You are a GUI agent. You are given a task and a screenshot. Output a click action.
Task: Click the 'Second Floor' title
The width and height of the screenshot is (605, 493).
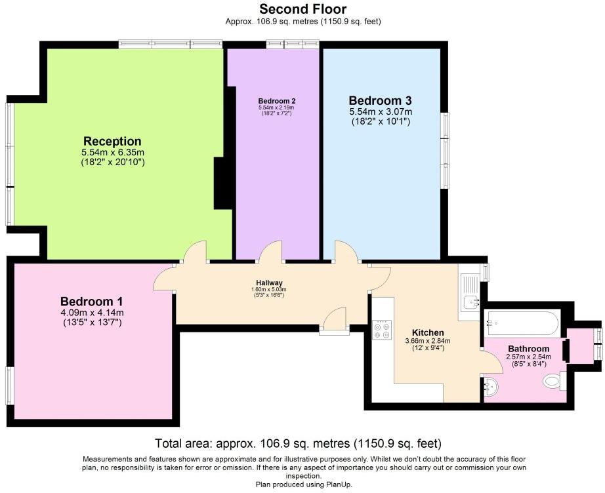point(303,9)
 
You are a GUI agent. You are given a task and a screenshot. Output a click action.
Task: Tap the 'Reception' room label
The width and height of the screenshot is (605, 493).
point(112,141)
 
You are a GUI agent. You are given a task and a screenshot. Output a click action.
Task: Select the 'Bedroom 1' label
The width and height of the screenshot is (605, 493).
point(92,301)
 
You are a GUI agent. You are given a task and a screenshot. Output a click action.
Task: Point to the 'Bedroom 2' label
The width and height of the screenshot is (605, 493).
point(277,101)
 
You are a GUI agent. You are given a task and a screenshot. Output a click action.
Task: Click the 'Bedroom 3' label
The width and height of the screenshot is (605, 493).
point(380,100)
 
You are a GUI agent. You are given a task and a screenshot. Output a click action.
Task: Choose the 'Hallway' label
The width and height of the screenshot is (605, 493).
point(269,283)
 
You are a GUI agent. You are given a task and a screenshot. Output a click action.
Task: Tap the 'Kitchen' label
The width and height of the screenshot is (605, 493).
point(428,332)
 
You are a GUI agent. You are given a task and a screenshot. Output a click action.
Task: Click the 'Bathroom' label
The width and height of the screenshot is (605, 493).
point(529,349)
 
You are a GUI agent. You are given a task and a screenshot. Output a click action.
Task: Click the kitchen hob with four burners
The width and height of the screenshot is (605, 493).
point(382,330)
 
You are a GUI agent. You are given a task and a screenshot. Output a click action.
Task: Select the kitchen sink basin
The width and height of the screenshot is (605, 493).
point(471,302)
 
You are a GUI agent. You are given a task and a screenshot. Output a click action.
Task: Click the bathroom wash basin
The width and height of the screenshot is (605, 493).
point(491,386)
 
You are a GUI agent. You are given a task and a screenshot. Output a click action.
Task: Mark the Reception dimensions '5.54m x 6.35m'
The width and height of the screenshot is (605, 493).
point(113,152)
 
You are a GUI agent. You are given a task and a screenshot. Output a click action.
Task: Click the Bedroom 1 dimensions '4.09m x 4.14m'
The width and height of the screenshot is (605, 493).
point(93,313)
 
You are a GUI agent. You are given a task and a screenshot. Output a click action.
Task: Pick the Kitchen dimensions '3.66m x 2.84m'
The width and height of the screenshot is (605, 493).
point(428,341)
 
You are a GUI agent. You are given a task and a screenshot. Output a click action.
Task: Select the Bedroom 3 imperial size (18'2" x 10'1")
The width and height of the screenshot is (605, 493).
point(381,122)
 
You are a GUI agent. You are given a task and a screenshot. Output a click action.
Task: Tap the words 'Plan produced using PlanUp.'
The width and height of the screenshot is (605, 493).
point(304,484)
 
